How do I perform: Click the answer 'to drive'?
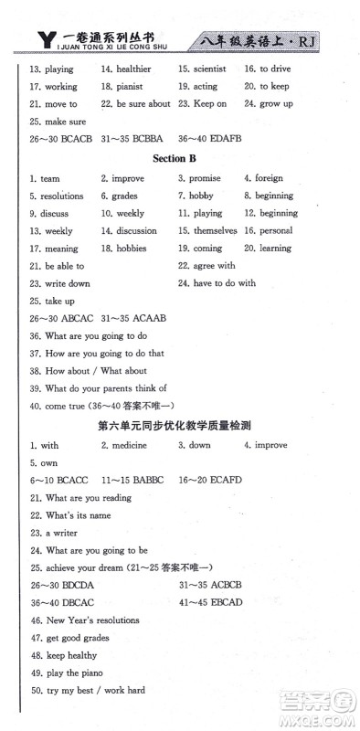275,69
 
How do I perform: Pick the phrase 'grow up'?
275,103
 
